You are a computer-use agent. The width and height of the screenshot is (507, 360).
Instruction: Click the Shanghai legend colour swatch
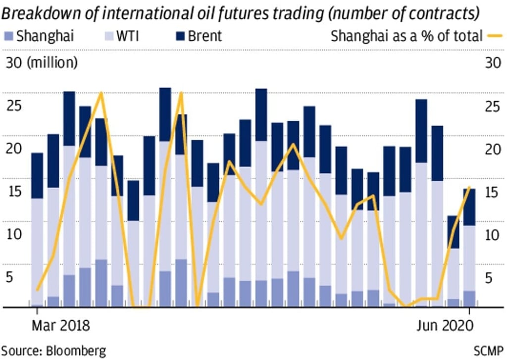(x=8, y=36)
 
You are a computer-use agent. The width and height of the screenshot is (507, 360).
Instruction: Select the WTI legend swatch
(x=108, y=36)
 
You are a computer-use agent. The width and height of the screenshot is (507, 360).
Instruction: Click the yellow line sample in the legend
(x=495, y=36)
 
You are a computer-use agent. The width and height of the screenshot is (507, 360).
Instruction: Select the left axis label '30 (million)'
(x=41, y=63)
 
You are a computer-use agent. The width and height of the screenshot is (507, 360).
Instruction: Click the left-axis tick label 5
(x=8, y=277)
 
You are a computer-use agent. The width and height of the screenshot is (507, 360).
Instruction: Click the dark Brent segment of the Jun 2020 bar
(x=469, y=207)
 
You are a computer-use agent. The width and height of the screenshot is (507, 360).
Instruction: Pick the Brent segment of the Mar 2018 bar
(x=37, y=175)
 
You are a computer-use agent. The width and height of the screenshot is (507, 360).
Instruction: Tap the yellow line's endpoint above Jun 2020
(x=469, y=188)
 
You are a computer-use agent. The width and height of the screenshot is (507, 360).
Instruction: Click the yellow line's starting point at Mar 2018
(x=37, y=290)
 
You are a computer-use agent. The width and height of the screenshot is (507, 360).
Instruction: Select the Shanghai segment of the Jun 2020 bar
(x=469, y=299)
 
